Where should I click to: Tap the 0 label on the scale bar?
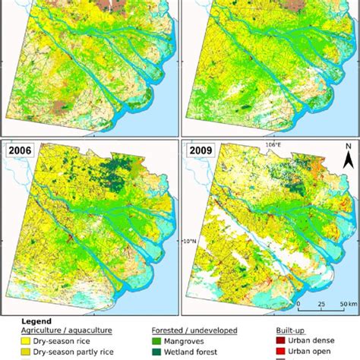point(298,305)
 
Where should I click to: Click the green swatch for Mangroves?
point(158,342)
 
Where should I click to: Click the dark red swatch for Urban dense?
point(280,342)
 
